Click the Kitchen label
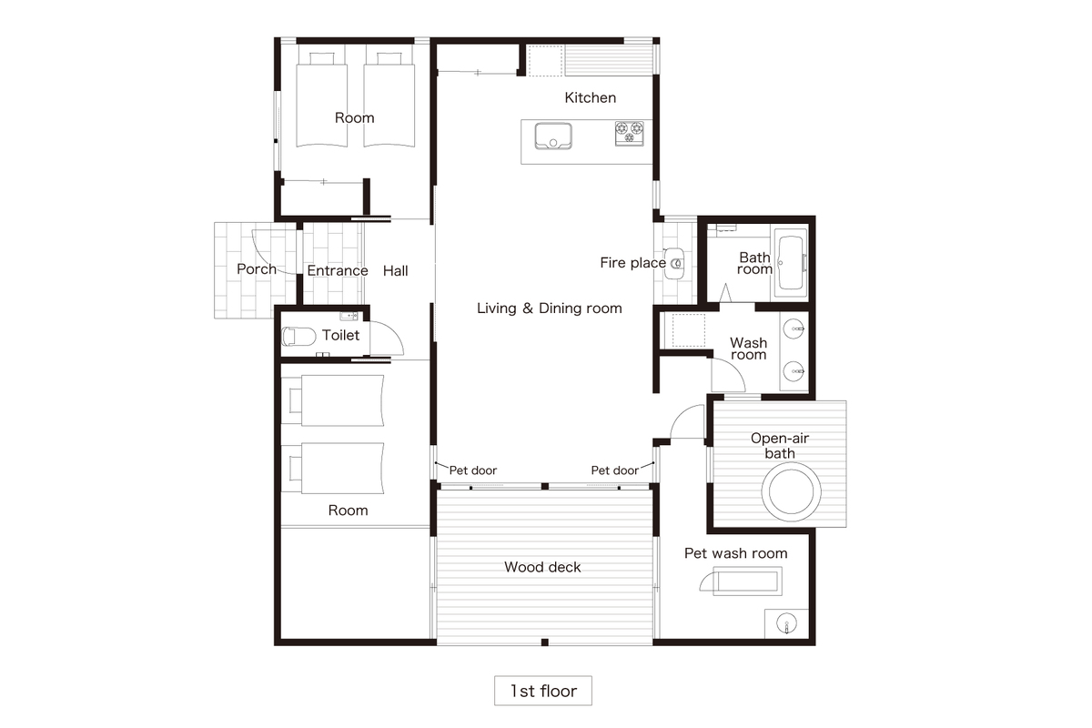click(x=590, y=97)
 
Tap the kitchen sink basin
click(x=553, y=136)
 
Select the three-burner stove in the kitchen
click(x=630, y=133)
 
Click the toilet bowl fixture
click(x=298, y=337)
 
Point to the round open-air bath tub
click(x=791, y=491)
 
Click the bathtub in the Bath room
click(x=790, y=262)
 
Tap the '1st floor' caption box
click(x=543, y=691)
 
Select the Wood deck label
click(x=542, y=567)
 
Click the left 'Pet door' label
click(x=472, y=470)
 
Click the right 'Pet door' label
click(x=615, y=470)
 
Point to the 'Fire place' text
click(x=632, y=263)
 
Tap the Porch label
click(x=257, y=269)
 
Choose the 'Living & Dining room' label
click(x=550, y=308)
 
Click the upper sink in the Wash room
click(x=794, y=329)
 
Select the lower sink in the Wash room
click(x=794, y=371)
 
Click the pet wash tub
click(x=747, y=581)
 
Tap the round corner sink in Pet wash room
click(x=786, y=623)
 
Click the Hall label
click(x=395, y=270)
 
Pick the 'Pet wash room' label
click(x=735, y=553)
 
